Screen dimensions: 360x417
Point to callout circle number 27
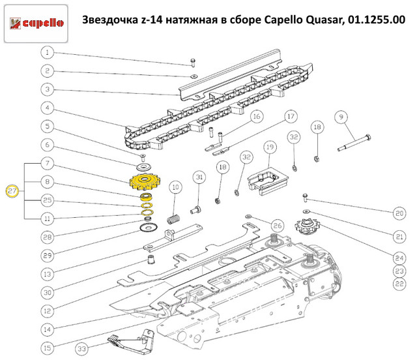[x=12, y=191]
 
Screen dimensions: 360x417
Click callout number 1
[x=48, y=52]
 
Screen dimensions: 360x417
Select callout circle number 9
[x=339, y=117]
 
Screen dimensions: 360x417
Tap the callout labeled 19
[x=268, y=148]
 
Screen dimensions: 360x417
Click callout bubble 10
[x=175, y=188]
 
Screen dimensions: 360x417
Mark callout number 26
[x=278, y=226]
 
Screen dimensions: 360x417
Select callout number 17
[x=291, y=116]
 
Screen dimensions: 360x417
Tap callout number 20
[x=399, y=213]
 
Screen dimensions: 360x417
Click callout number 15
[x=48, y=346]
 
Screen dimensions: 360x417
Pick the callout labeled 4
[x=48, y=108]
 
